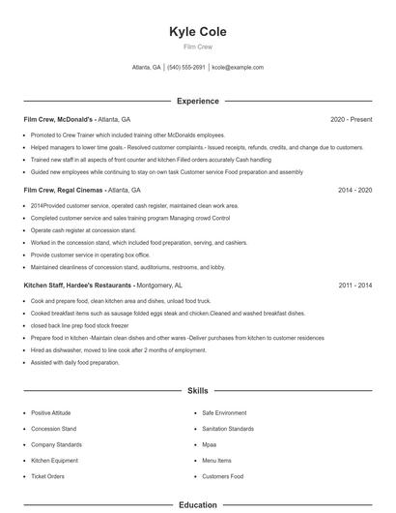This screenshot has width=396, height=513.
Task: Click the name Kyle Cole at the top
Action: (x=197, y=31)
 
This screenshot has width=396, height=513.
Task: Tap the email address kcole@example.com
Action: (x=238, y=68)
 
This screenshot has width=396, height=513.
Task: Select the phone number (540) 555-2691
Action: (x=186, y=68)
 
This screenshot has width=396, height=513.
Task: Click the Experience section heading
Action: (x=197, y=101)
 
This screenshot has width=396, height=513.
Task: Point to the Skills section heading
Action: (x=197, y=391)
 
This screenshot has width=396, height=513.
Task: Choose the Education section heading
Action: (x=197, y=504)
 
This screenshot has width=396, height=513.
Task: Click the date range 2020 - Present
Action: (x=351, y=119)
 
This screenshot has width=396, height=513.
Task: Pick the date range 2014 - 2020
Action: (x=354, y=191)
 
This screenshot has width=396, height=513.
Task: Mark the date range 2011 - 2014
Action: (x=354, y=286)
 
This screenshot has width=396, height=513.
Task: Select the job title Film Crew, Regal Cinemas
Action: (x=63, y=191)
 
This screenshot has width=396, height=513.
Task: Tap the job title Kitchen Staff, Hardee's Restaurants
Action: (x=78, y=286)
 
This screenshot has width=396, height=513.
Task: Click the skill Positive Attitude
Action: (x=51, y=413)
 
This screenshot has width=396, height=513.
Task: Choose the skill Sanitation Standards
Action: (x=228, y=429)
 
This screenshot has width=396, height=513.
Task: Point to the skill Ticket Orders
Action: (x=47, y=476)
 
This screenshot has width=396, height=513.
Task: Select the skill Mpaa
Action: (x=210, y=444)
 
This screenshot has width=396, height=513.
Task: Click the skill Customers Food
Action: (x=223, y=476)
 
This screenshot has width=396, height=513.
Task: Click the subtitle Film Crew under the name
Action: (x=197, y=46)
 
